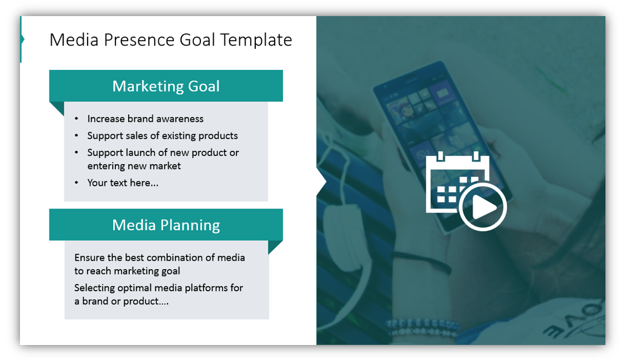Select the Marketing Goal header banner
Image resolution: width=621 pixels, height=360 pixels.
coord(166,86)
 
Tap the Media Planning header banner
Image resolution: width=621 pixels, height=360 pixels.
coord(166,225)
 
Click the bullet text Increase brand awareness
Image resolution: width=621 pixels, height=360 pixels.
coord(145,119)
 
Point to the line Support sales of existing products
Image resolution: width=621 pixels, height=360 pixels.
coord(163,135)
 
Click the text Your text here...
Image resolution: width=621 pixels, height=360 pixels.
coord(123,182)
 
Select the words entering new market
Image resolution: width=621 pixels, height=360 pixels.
coord(134,166)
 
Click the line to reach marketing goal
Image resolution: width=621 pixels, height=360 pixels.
coord(127,271)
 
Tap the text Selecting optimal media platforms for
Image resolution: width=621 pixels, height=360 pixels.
coord(159,288)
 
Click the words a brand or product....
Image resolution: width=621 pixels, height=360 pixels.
coord(122,301)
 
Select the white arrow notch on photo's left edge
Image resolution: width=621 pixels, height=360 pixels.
coord(321,182)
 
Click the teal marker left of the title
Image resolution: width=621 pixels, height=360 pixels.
coord(21,39)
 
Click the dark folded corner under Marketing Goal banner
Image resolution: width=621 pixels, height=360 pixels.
coord(58,108)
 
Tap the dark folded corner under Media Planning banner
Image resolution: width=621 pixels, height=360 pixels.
coord(275,246)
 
